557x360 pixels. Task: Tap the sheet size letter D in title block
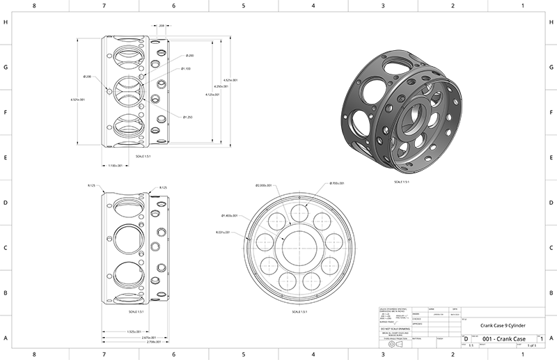(466, 338)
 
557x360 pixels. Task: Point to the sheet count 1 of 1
(532, 345)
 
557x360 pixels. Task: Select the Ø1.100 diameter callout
(187, 69)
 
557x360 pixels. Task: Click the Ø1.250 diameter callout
(189, 117)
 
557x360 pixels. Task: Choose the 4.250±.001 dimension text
(220, 86)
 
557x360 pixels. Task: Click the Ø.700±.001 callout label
(337, 183)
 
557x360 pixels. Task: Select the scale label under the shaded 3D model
(401, 182)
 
